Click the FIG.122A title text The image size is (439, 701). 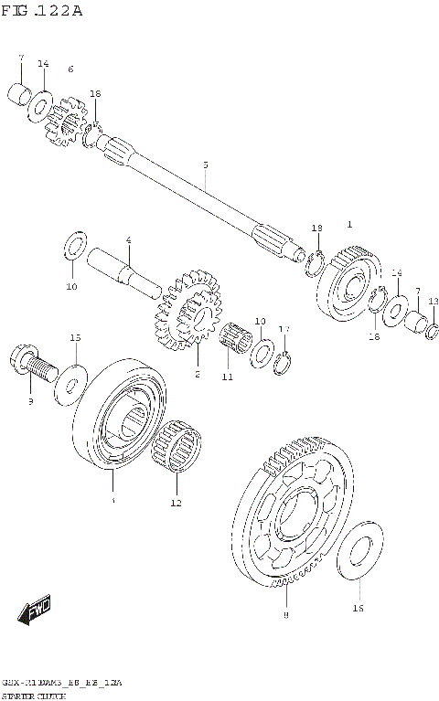44,11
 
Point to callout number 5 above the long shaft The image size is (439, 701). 206,165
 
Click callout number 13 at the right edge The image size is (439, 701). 433,301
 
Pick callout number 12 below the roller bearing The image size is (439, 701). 176,503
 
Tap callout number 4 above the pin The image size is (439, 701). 129,239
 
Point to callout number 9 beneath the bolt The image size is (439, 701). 29,400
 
